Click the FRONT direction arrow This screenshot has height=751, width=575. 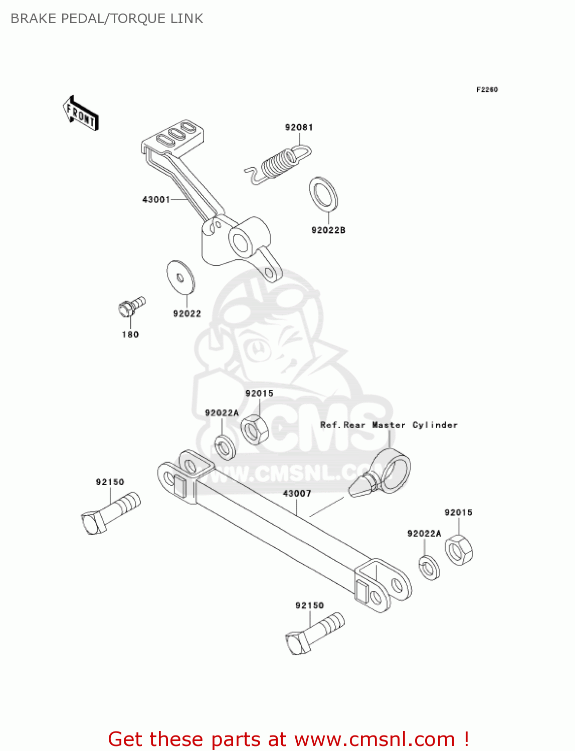click(x=81, y=113)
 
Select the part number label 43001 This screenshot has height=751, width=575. click(x=156, y=199)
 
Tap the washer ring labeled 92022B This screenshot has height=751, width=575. click(x=323, y=194)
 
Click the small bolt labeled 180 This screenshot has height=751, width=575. click(x=131, y=305)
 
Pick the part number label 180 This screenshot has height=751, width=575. click(x=130, y=334)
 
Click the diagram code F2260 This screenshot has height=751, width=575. click(x=487, y=90)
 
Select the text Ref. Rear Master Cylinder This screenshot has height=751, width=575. click(x=389, y=425)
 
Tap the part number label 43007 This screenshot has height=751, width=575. click(x=297, y=494)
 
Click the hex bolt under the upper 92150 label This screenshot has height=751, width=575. click(x=110, y=513)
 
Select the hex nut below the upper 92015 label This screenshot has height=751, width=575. click(x=255, y=429)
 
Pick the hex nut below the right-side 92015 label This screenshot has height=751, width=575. click(x=459, y=550)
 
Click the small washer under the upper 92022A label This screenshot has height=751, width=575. click(x=225, y=447)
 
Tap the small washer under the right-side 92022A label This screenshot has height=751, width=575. click(x=429, y=567)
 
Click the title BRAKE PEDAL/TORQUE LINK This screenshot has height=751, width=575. click(x=107, y=19)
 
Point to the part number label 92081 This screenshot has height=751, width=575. click(x=299, y=128)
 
